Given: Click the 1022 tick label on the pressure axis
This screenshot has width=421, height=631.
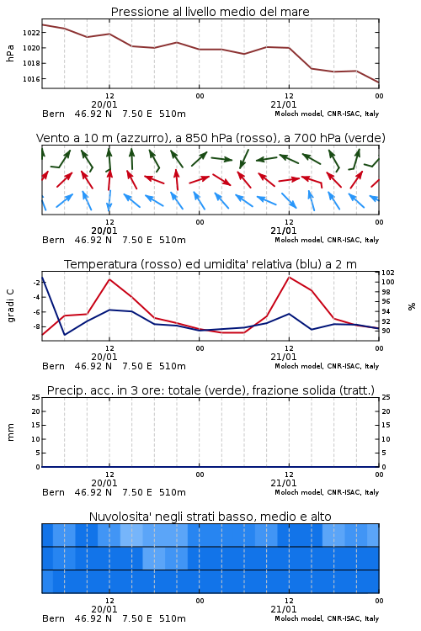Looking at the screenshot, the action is tap(31, 33).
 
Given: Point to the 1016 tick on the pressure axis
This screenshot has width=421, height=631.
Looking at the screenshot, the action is tap(31, 79).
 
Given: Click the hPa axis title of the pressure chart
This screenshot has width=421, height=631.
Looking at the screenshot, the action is tap(10, 53).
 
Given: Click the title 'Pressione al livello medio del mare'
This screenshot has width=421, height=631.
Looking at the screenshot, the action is tap(210, 12).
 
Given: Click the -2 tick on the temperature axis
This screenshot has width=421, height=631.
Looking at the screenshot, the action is tap(36, 283).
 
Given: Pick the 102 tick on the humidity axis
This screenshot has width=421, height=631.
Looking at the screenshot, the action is tap(388, 273).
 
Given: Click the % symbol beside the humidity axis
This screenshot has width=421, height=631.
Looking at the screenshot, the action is tap(412, 306).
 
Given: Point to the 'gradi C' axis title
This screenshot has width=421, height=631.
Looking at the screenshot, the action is tap(10, 305).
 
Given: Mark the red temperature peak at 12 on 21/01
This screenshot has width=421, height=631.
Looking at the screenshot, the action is tap(289, 277).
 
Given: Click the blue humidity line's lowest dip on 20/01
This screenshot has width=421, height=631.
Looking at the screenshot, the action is tap(65, 334).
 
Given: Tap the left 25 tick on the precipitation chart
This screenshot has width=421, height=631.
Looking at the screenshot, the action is tap(36, 397).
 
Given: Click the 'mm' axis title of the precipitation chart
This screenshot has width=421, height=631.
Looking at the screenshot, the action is tap(10, 432).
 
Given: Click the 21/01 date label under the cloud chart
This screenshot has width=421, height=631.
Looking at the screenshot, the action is tap(283, 609).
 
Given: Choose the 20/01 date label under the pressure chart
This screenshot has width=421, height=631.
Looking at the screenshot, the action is tap(104, 104).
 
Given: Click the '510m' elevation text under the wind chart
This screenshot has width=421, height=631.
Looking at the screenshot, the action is tap(173, 240).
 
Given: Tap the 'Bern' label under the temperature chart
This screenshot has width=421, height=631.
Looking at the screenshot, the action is tap(53, 366).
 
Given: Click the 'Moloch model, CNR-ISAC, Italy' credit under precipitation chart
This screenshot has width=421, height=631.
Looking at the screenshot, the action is tap(327, 492).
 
